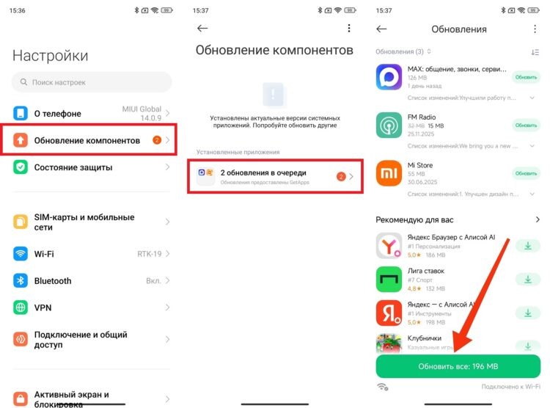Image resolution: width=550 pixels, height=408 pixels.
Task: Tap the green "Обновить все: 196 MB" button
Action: [x=458, y=366]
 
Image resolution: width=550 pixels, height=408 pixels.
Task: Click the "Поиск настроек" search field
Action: [x=92, y=82]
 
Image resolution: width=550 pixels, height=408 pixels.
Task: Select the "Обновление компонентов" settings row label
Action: [x=87, y=140]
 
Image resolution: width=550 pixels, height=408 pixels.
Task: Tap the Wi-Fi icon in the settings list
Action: [x=21, y=254]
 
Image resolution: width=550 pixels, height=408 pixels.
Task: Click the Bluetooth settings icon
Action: [x=21, y=281]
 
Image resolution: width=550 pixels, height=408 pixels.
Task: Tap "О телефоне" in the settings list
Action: [x=57, y=114]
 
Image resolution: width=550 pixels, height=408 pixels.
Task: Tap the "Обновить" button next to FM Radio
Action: [x=526, y=125]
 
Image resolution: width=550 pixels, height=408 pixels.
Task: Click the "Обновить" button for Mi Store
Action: [x=526, y=173]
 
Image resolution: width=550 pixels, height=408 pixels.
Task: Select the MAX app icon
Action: [x=388, y=76]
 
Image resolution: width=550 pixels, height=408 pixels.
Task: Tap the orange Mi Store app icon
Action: [x=388, y=173]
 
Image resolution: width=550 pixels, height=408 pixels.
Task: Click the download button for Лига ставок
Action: [x=527, y=279]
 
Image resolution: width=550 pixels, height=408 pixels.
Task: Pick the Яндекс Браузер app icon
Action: [x=388, y=246]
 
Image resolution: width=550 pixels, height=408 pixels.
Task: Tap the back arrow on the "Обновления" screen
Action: [x=381, y=29]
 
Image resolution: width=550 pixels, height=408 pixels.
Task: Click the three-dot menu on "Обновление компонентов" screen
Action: [x=349, y=29]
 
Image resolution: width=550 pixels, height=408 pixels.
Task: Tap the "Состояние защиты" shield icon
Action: [x=21, y=167]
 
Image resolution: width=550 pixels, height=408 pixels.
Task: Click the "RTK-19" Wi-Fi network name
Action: [x=149, y=254]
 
